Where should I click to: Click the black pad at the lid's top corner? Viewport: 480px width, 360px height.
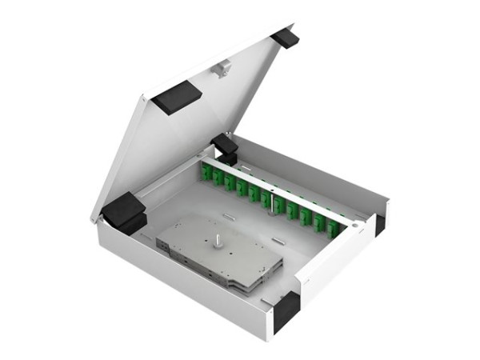click(284, 37)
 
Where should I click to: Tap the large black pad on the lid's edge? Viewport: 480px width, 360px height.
click(178, 98)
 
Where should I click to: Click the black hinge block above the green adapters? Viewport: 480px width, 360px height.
click(225, 147)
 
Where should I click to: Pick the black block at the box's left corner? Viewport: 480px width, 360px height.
click(124, 212)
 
